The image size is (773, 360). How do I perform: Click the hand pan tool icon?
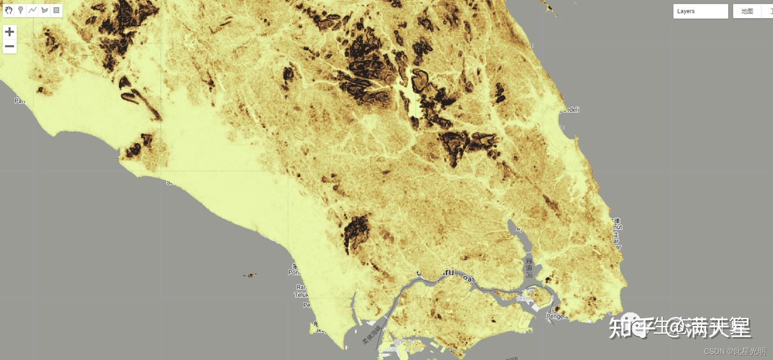[9, 10]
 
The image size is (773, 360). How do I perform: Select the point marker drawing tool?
[20, 10]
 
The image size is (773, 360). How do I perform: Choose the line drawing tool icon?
[32, 10]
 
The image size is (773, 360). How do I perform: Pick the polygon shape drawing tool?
[44, 10]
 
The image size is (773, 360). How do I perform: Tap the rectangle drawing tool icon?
[56, 10]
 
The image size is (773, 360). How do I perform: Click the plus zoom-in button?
[10, 32]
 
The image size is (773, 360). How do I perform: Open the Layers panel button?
[700, 11]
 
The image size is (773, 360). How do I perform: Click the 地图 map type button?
[747, 11]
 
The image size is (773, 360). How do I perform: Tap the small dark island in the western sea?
[250, 275]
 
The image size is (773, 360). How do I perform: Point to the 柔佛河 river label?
[529, 267]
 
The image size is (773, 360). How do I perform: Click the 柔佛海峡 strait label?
[372, 335]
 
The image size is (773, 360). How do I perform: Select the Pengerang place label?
[557, 316]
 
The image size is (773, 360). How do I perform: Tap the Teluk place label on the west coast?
[301, 295]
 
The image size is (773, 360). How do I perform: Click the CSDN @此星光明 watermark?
[735, 351]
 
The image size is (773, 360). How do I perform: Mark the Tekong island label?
[524, 298]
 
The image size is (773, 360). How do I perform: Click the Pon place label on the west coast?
[294, 272]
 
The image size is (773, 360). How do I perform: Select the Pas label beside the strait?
[470, 278]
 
